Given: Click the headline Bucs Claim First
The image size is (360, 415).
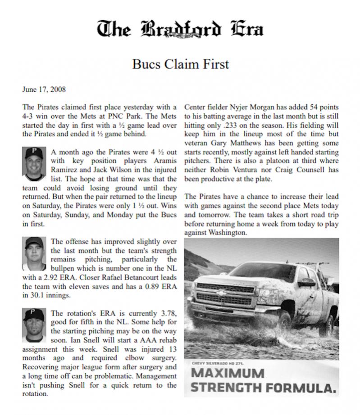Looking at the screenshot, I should click(180, 64).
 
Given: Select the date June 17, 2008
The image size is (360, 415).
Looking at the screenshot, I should click(44, 89).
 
